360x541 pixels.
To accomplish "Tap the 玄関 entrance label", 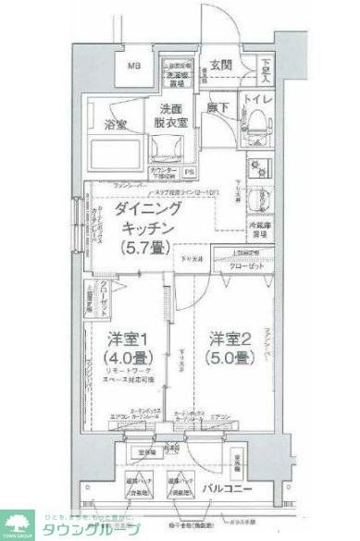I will [222, 64].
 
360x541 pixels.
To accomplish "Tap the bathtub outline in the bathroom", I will [120, 153].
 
